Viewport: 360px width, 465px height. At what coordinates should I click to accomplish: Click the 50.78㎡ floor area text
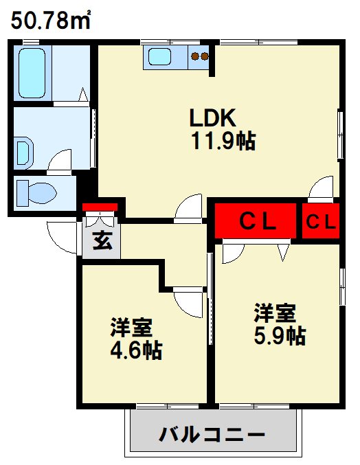click(52, 21)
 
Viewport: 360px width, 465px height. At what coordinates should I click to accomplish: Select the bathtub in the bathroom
click(33, 73)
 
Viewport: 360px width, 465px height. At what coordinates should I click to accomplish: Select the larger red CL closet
click(256, 221)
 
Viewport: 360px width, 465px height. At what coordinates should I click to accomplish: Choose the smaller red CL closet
click(321, 221)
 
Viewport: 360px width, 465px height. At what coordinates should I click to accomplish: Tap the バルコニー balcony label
click(212, 434)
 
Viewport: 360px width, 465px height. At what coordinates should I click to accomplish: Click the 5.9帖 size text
click(279, 337)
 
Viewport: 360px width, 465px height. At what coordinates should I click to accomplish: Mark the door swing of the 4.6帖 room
click(188, 302)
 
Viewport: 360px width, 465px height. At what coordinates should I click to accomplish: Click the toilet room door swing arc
click(61, 162)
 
